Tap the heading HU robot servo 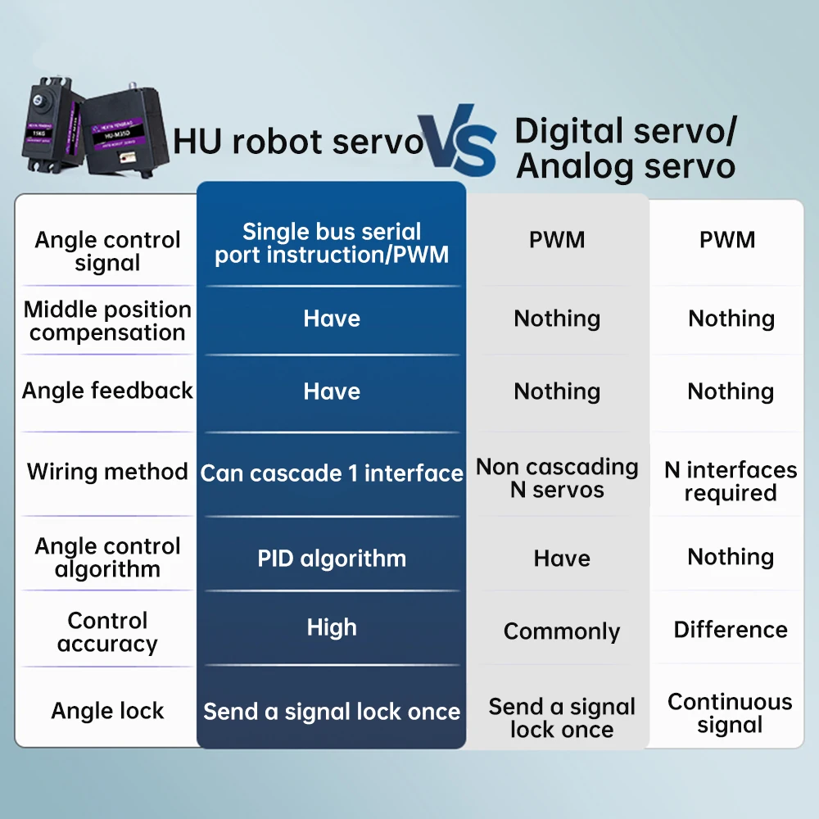(x=298, y=142)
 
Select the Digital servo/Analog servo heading (x=626, y=148)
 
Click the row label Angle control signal (x=107, y=251)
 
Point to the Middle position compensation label (x=107, y=321)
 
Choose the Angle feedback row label (x=107, y=391)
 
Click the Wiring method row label (x=107, y=472)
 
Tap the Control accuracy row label (x=107, y=632)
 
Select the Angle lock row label (x=107, y=711)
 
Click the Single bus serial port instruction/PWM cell (x=332, y=243)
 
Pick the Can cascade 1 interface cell (x=332, y=473)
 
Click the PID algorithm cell (x=332, y=559)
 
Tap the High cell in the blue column (x=332, y=627)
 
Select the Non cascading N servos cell (x=557, y=478)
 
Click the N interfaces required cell (x=731, y=482)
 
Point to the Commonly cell (x=562, y=631)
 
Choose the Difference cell (x=731, y=630)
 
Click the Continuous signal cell (x=731, y=713)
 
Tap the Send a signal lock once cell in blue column (x=332, y=712)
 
